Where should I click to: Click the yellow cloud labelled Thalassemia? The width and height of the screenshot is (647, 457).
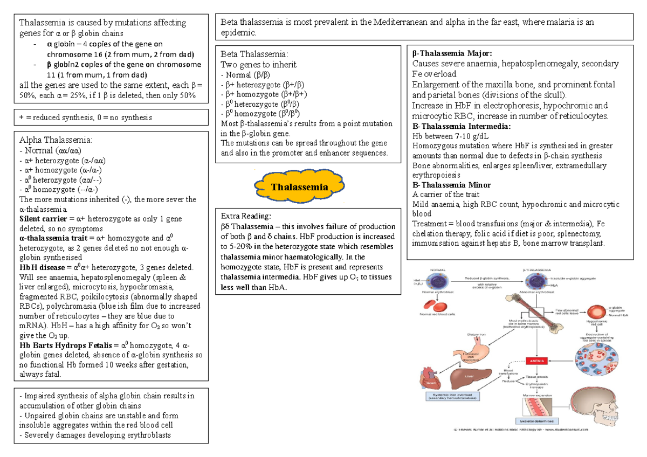point(300,187)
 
